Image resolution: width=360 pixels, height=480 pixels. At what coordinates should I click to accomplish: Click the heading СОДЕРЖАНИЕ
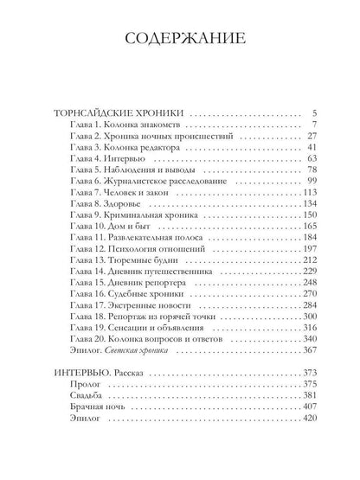[x=179, y=41]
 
